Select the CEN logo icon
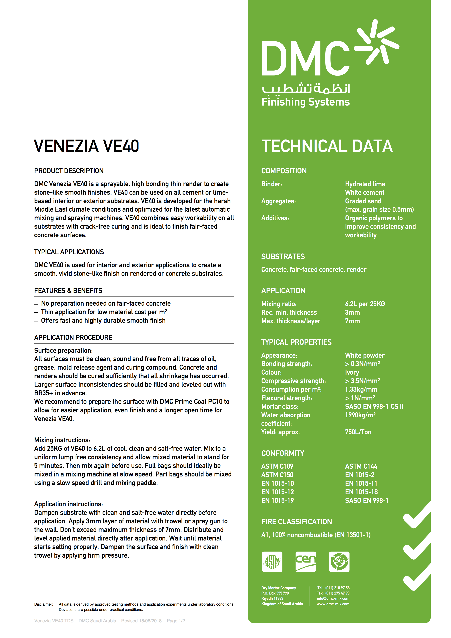(306, 562)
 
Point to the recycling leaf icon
(339, 562)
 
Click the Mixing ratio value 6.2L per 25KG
(365, 304)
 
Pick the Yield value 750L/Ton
(358, 432)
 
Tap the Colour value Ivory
(352, 372)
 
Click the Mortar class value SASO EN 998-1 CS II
(374, 407)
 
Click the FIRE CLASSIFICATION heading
(296, 522)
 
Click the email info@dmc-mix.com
(333, 599)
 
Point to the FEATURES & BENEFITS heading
(68, 291)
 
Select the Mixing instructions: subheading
(62, 440)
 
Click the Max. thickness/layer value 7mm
(352, 321)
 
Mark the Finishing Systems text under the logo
(306, 102)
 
